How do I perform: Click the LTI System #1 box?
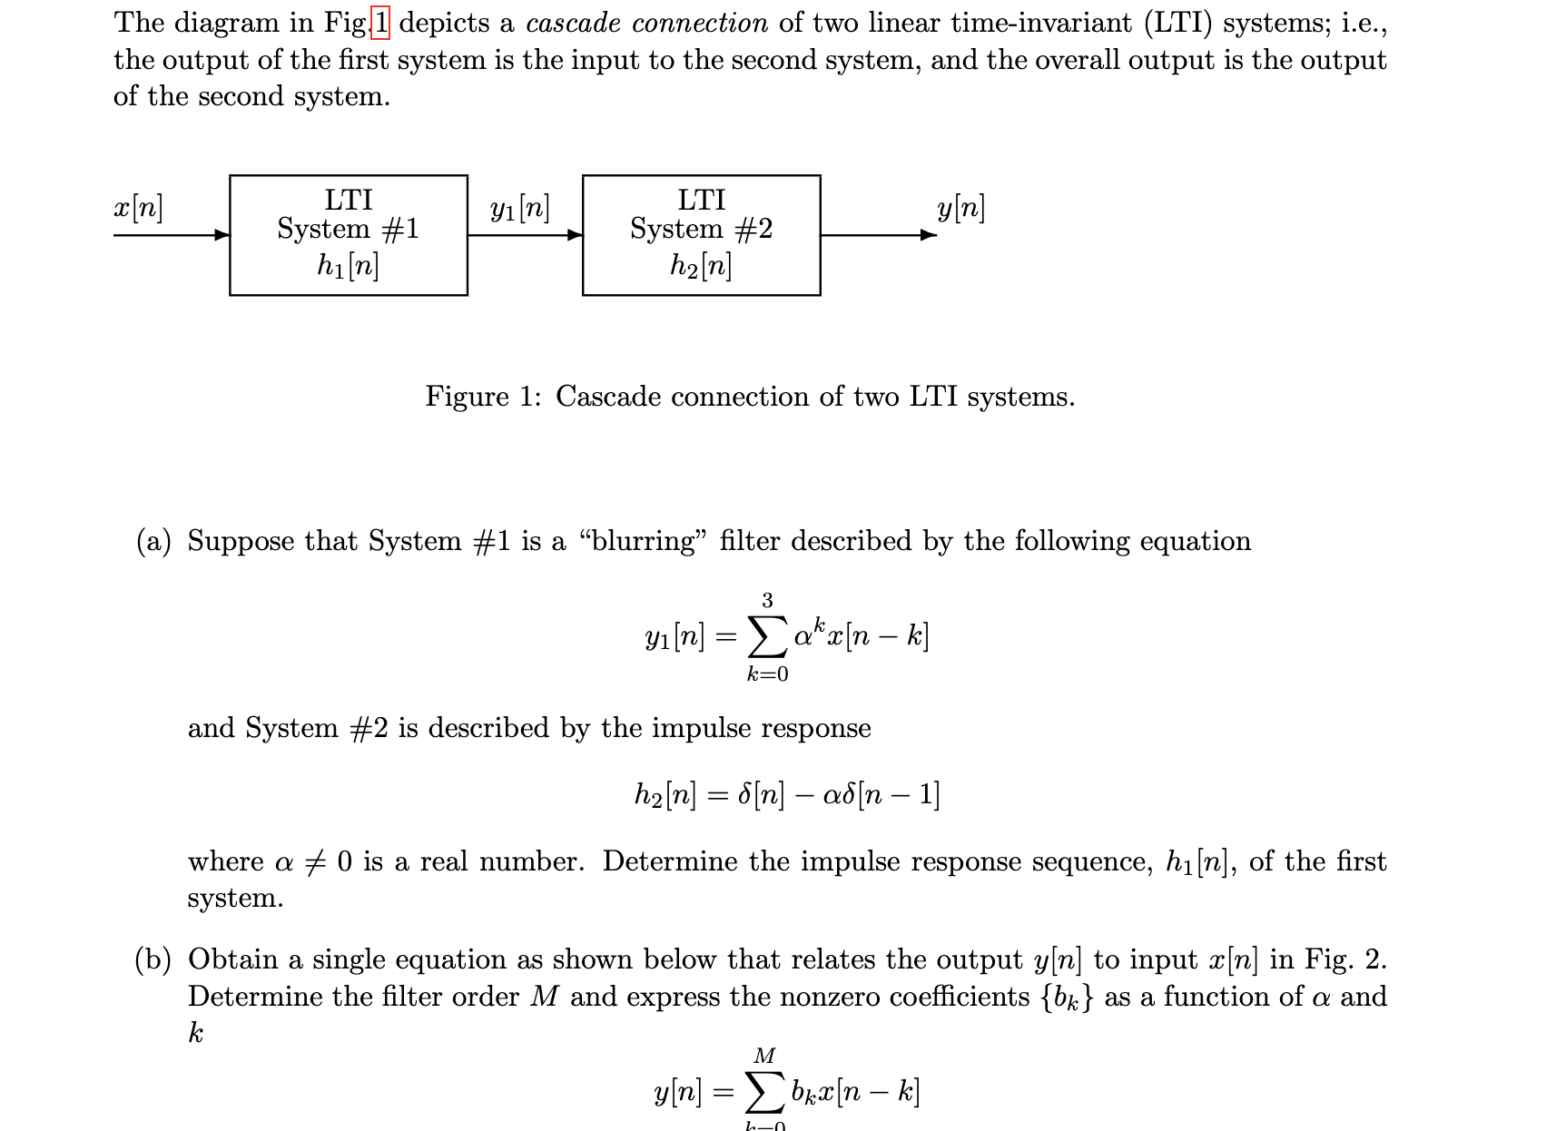[x=348, y=234]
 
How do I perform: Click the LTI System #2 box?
[x=701, y=234]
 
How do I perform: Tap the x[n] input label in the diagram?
[x=138, y=209]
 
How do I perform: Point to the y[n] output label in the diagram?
[x=960, y=209]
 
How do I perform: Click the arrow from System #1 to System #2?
[x=525, y=235]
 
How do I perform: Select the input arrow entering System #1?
[x=172, y=235]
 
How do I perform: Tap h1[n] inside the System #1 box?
[x=348, y=265]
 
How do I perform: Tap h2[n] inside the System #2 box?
[x=701, y=265]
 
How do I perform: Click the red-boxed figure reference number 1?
[x=380, y=23]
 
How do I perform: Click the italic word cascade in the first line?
[x=573, y=23]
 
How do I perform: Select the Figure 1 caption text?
[x=750, y=397]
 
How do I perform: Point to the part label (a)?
[x=153, y=541]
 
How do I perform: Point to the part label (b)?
[x=153, y=959]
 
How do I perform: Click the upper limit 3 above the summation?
[x=767, y=600]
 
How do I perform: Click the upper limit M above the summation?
[x=765, y=1056]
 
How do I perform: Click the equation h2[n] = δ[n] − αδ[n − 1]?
[x=787, y=796]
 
